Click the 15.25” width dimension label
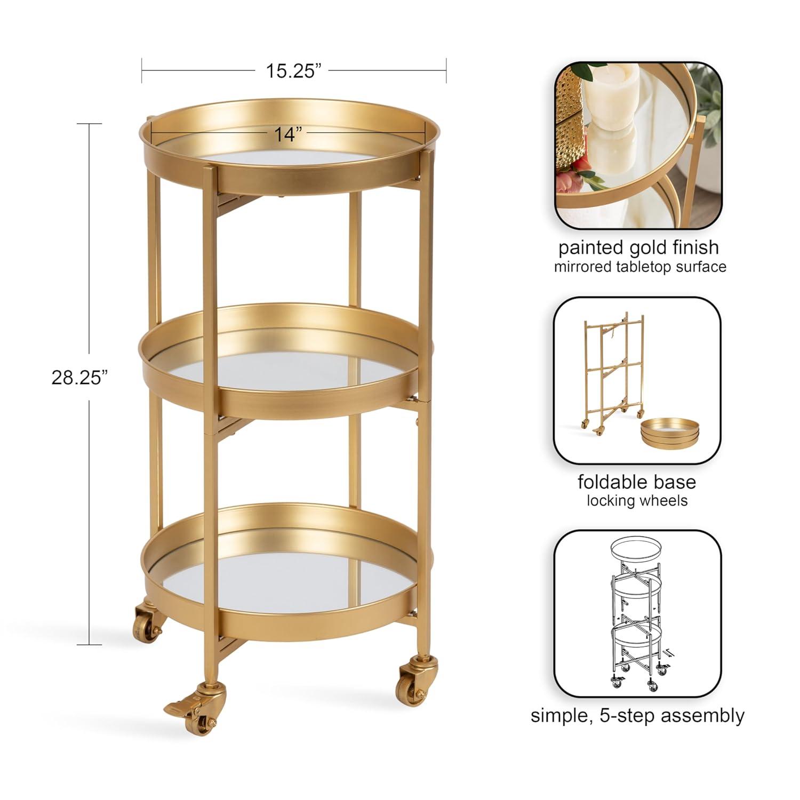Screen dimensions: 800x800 293,70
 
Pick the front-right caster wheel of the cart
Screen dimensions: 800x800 411,679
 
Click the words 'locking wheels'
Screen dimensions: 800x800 637,500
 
